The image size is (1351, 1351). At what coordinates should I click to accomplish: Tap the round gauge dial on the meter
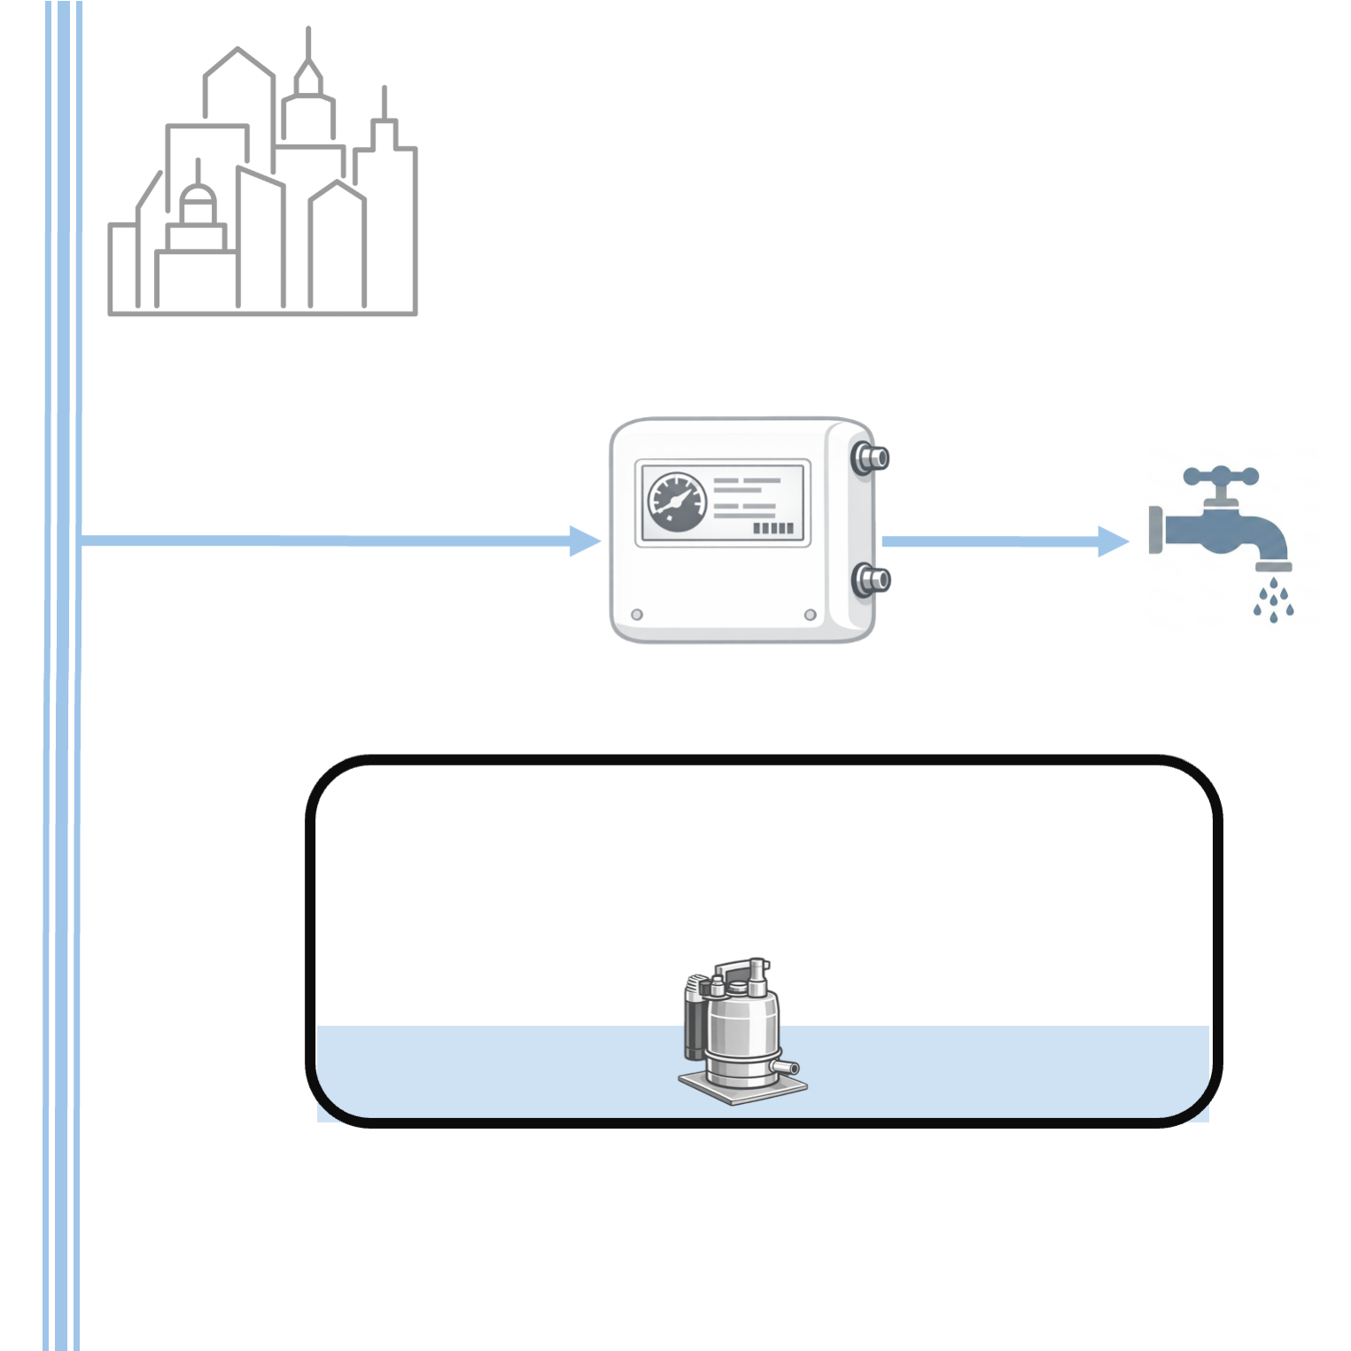677,502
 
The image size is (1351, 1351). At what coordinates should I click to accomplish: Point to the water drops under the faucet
1273,600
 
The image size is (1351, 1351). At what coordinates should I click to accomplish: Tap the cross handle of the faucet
1221,477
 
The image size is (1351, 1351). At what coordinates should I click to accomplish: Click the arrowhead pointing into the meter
585,540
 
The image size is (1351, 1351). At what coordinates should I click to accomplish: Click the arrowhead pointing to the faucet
1113,540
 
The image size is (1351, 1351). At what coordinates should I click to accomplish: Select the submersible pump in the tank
739,1028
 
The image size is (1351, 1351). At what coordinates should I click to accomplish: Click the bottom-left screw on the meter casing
637,615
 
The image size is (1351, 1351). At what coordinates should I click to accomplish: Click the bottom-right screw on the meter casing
810,615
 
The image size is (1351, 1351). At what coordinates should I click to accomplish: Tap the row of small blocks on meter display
773,529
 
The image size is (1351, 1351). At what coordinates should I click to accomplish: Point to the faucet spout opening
1274,566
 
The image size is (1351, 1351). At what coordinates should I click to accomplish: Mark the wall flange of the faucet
1155,530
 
